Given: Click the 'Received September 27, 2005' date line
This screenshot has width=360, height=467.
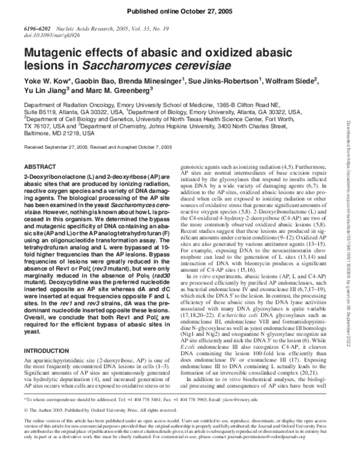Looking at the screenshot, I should click(x=59, y=146).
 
